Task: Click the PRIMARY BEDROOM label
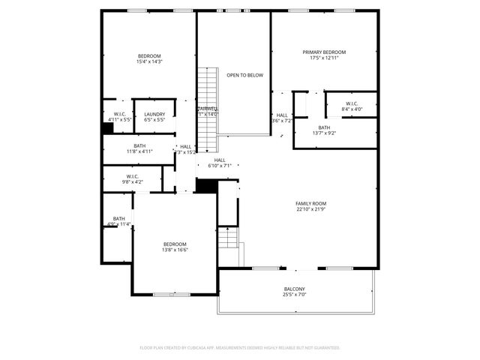pyautogui.click(x=329, y=52)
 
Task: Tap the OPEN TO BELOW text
pyautogui.click(x=244, y=76)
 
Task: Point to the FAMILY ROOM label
pyautogui.click(x=310, y=203)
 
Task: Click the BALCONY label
pyautogui.click(x=294, y=289)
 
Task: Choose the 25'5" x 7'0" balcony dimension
pyautogui.click(x=294, y=295)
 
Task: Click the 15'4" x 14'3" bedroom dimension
pyautogui.click(x=149, y=62)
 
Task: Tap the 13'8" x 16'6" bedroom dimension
pyautogui.click(x=175, y=250)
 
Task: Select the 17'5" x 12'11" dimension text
pyautogui.click(x=329, y=58)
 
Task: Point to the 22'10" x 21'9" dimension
pyautogui.click(x=310, y=209)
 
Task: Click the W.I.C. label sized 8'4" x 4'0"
pyautogui.click(x=352, y=103)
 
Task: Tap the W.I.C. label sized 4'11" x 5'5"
pyautogui.click(x=119, y=114)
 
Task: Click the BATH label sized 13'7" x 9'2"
pyautogui.click(x=324, y=127)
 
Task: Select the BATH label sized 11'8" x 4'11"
pyautogui.click(x=140, y=145)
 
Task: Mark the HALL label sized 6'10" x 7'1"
pyautogui.click(x=220, y=160)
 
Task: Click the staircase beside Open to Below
pyautogui.click(x=206, y=105)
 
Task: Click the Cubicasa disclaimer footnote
pyautogui.click(x=240, y=348)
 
